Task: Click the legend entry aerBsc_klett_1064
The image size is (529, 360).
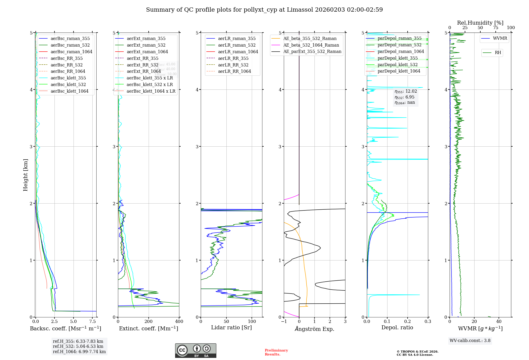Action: [69, 91]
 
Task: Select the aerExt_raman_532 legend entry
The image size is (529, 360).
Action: [146, 45]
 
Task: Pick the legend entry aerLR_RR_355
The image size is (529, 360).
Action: [233, 58]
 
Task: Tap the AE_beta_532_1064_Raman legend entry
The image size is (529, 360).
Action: [311, 45]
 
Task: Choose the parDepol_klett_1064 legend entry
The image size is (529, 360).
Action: [399, 71]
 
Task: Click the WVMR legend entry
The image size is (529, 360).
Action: [500, 38]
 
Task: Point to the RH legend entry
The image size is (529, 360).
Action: [498, 53]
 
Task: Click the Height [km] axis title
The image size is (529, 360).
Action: [25, 175]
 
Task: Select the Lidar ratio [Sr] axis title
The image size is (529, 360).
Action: [231, 327]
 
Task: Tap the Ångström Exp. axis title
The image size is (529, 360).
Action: [314, 329]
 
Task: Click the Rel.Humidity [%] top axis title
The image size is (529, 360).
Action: [480, 23]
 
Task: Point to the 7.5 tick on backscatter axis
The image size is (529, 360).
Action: [92, 321]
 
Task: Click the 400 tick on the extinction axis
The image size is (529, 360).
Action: [179, 321]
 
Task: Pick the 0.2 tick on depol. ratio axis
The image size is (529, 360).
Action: [408, 321]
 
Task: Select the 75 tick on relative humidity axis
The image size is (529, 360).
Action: [495, 28]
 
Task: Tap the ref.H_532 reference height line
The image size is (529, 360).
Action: [78, 346]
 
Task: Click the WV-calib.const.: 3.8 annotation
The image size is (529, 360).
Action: [470, 340]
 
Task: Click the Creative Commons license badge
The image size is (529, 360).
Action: [195, 350]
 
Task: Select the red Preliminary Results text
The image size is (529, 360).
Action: [276, 352]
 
